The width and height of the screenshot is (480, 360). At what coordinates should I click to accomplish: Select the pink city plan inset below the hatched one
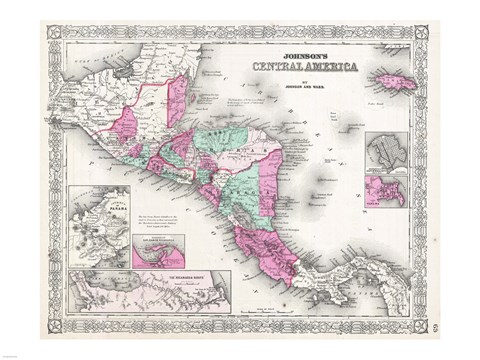[385, 190]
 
